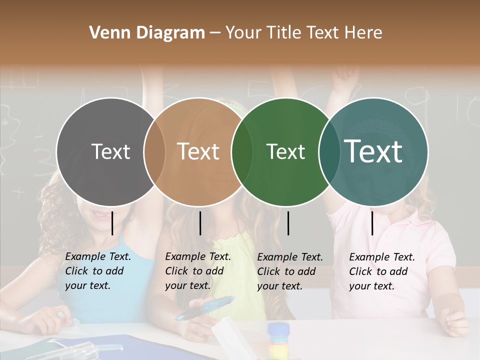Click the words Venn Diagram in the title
147,33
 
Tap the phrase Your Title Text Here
303,33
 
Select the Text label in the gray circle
110,151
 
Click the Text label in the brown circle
198,151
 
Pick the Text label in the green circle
285,151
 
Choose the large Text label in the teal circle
373,151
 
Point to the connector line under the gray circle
112,223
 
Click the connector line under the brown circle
200,223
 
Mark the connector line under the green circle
288,223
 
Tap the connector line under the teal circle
372,223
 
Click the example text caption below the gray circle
97,271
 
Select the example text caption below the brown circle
197,271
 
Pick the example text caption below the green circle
289,271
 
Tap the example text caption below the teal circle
381,271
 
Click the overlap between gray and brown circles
154,151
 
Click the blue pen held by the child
205,307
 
